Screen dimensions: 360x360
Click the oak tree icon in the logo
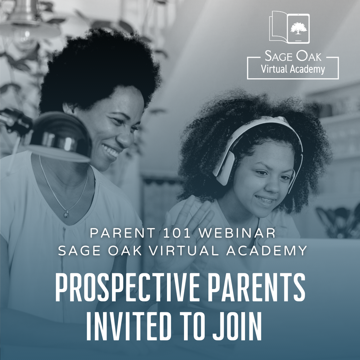(298, 28)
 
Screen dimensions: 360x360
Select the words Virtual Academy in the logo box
(293, 69)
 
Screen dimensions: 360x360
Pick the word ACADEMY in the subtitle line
(267, 250)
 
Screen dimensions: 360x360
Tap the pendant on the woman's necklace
(66, 214)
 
